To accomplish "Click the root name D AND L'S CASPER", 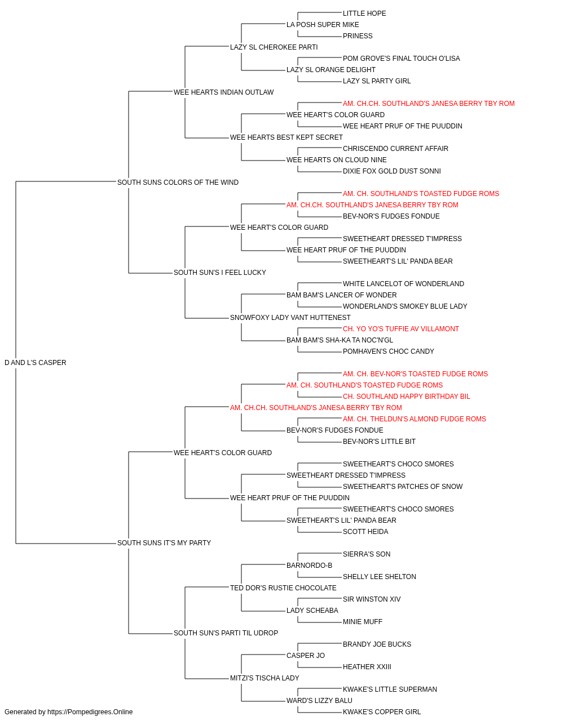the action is [x=36, y=363].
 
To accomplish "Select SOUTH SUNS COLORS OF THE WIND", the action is [x=178, y=183].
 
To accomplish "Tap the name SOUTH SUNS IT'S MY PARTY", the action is [x=164, y=543].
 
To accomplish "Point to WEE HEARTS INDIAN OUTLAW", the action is [x=223, y=92].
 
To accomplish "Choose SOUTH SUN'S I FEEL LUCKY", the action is [x=220, y=273].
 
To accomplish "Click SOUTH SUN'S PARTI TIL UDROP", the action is [x=226, y=633].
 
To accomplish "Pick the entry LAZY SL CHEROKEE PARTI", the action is [x=274, y=47].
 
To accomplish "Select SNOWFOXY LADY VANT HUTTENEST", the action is [x=290, y=318].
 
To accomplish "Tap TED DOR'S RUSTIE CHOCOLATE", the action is [x=283, y=588].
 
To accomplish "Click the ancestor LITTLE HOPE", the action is [x=364, y=14].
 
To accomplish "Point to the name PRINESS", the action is [x=358, y=36].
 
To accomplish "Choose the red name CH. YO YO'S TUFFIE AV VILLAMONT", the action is [x=401, y=329].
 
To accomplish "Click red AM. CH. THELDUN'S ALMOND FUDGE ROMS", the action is [x=415, y=419].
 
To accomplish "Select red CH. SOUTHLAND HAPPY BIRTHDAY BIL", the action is [x=407, y=397].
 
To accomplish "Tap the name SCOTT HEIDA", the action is [x=365, y=532].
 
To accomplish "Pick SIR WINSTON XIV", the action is [x=372, y=599].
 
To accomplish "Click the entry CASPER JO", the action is [x=306, y=656].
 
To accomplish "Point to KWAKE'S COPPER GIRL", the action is [x=382, y=712].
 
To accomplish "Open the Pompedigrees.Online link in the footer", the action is [x=90, y=712].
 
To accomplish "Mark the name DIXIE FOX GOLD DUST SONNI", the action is [x=392, y=171].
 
